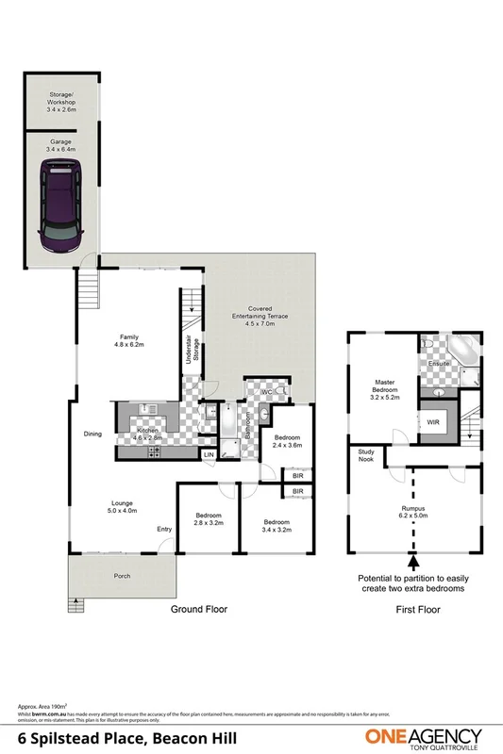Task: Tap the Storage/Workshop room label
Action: point(61,104)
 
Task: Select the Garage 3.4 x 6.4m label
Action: point(61,145)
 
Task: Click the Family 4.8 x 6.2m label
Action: point(128,341)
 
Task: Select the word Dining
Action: point(92,434)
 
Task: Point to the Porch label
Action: point(121,576)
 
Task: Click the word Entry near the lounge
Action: point(164,529)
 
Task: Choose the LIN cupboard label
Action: point(208,455)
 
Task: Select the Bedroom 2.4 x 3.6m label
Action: point(287,442)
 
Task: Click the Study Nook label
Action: point(365,456)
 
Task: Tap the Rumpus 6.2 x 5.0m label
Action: point(413,513)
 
